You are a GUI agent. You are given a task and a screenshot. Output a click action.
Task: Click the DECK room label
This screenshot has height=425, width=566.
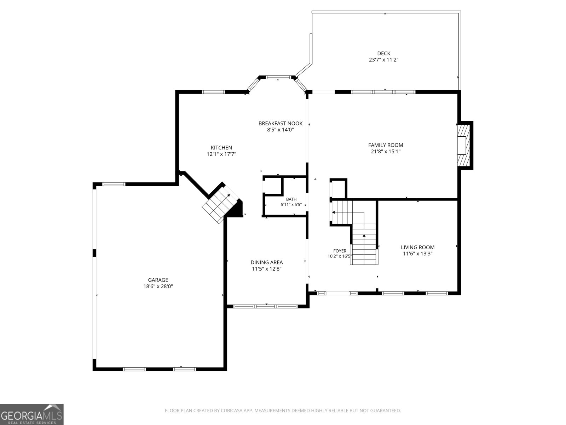tap(383, 53)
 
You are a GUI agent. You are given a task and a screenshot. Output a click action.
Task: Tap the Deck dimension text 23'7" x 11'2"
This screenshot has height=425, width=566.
tap(383, 60)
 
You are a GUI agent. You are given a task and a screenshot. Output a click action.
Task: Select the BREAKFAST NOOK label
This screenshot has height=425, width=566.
tap(280, 123)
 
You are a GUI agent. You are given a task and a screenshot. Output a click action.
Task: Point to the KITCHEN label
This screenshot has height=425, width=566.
tap(221, 148)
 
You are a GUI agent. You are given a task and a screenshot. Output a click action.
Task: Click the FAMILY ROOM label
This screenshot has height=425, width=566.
tap(386, 145)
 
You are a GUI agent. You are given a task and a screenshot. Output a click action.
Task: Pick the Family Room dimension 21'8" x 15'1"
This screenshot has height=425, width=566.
tap(386, 152)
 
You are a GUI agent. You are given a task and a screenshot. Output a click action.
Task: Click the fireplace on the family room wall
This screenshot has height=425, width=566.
tap(463, 145)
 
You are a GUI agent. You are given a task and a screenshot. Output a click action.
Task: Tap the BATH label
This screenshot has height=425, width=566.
tap(291, 199)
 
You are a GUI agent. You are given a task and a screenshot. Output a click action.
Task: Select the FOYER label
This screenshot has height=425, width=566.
tap(340, 251)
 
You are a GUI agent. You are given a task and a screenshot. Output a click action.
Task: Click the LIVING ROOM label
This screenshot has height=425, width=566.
tap(417, 247)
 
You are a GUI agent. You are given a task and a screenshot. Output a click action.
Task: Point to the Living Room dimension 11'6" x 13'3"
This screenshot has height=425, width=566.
tap(417, 254)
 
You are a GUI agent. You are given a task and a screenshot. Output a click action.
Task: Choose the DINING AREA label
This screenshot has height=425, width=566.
tap(267, 262)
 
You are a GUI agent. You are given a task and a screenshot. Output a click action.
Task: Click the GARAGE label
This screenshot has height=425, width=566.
tap(158, 280)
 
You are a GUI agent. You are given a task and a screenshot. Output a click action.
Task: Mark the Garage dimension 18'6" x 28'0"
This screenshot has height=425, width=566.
tap(158, 287)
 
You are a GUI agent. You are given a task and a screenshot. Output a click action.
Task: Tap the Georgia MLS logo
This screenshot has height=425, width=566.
tap(32, 414)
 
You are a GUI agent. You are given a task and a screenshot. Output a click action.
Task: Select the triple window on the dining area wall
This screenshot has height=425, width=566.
tap(265, 307)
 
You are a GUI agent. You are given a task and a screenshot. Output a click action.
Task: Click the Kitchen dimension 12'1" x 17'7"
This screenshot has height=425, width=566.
tap(221, 154)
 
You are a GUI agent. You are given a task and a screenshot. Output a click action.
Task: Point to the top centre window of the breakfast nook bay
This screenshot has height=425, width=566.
tap(278, 77)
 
